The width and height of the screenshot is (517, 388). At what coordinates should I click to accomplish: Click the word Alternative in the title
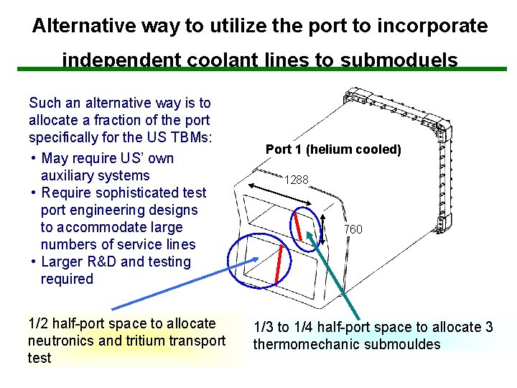point(77,27)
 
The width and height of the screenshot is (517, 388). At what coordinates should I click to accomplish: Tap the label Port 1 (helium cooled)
point(333,149)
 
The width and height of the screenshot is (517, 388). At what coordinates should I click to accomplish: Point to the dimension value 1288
point(296,180)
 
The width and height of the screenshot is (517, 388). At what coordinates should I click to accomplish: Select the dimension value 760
point(353,229)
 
